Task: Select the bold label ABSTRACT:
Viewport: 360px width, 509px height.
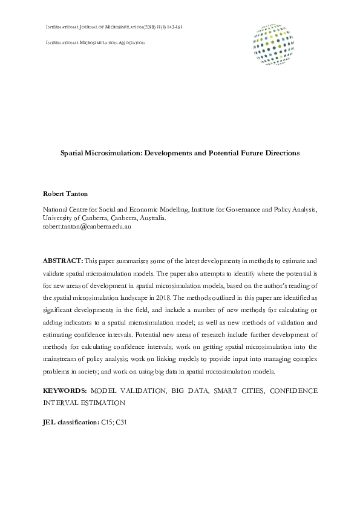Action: point(62,260)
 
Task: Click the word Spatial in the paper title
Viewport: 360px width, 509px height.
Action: point(73,154)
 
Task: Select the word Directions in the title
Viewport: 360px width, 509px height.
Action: point(281,154)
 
